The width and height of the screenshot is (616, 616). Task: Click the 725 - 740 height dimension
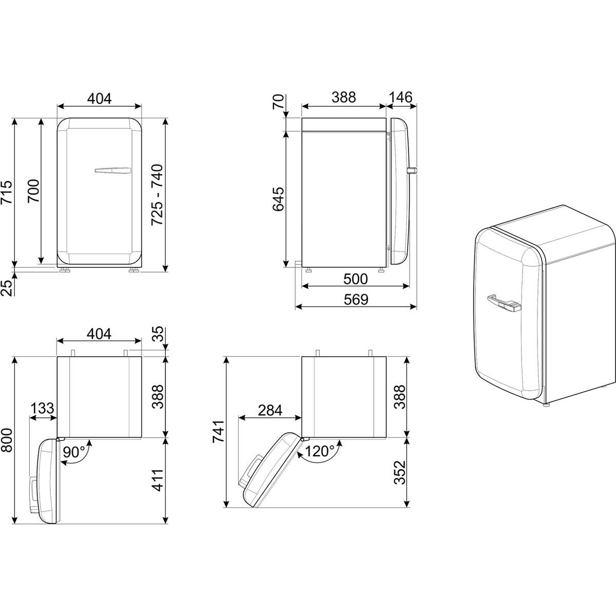coord(157,195)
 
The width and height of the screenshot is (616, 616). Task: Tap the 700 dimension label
coord(33,191)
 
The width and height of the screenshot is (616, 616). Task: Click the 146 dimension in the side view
coord(401,97)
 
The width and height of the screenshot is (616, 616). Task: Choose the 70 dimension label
coord(278,102)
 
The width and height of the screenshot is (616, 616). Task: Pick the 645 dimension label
coord(278,199)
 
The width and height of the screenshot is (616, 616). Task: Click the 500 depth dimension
coord(355,279)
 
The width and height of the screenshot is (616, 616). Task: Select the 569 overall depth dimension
coord(356,299)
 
